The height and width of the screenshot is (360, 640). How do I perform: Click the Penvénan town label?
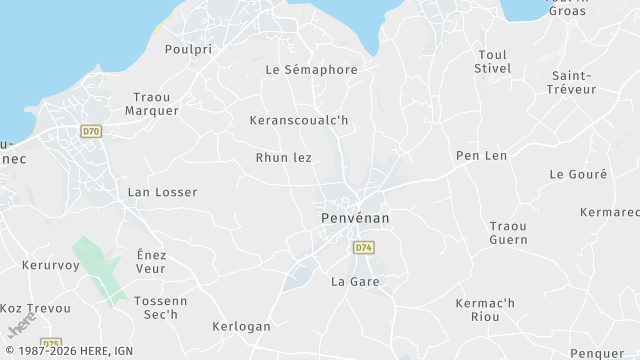point(355,217)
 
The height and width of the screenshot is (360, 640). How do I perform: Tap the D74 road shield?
point(363,246)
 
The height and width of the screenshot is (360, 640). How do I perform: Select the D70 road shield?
point(92,131)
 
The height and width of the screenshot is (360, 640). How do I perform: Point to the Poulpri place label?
point(191,48)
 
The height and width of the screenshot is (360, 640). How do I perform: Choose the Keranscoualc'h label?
point(299,120)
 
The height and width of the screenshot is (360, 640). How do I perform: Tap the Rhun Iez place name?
point(284,158)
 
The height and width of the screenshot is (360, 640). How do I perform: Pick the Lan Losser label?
point(163,192)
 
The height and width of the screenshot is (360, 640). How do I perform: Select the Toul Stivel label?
point(494,61)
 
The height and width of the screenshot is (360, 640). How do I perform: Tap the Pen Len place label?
point(481,156)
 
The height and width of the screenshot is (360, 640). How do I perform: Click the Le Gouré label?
point(578,174)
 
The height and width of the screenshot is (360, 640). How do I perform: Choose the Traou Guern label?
point(508,233)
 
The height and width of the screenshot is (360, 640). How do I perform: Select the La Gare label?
point(355,282)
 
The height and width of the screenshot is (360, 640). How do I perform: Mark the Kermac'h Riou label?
point(484,310)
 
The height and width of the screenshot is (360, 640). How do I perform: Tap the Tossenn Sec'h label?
point(160,307)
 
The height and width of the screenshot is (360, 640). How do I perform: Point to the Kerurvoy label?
point(50,266)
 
